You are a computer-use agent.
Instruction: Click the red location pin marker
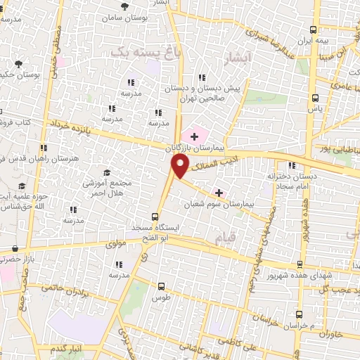[181, 166]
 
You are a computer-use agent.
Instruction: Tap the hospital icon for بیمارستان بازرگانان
[194, 136]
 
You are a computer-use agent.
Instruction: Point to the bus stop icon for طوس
[162, 286]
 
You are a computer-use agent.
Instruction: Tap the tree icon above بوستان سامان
[124, 6]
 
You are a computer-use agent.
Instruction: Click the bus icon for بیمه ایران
[314, 30]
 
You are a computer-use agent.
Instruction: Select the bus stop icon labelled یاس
[314, 98]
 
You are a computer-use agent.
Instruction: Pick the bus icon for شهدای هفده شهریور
[300, 264]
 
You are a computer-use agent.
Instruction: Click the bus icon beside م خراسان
[300, 314]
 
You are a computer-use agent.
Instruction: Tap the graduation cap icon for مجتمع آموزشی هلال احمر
[107, 173]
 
